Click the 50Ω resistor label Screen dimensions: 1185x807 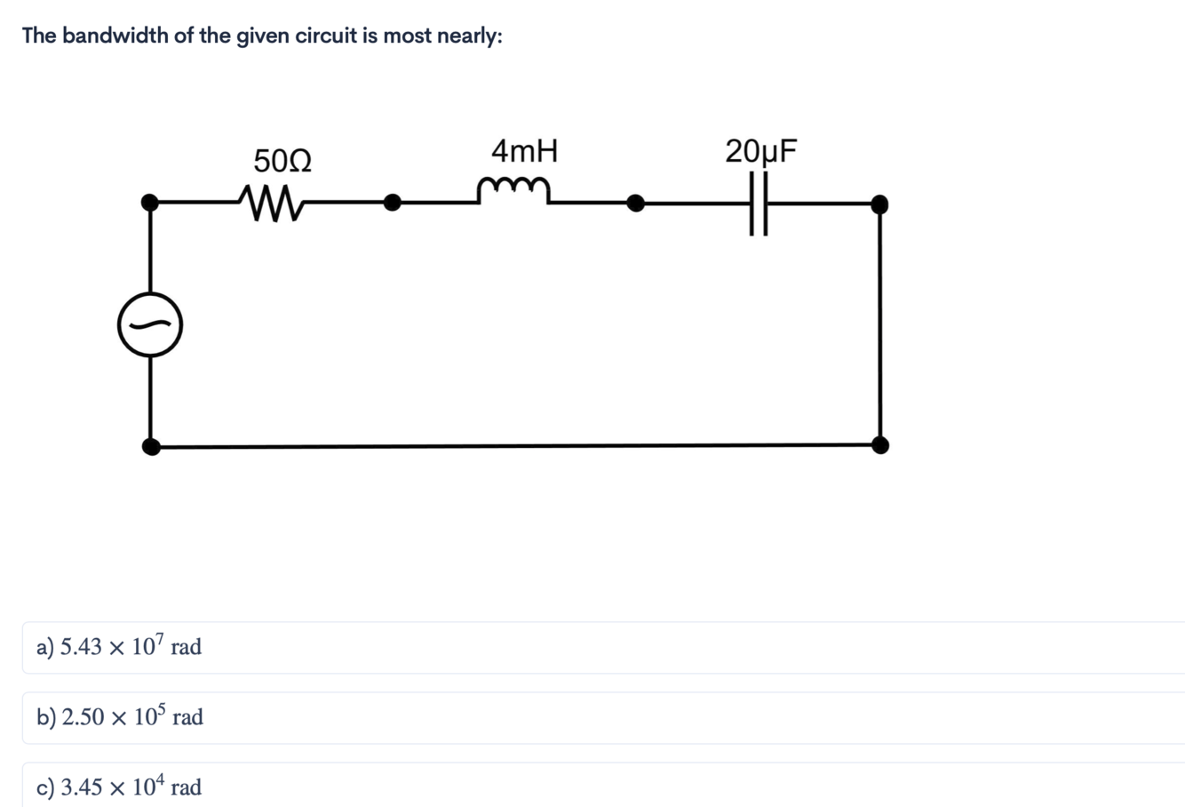point(282,162)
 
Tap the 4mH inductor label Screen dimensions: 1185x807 point(524,151)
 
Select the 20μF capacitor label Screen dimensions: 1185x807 point(761,151)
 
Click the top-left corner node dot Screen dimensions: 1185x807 point(152,203)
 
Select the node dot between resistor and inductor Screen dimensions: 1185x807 point(391,203)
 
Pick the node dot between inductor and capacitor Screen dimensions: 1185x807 point(635,204)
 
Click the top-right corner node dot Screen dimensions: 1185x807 point(879,204)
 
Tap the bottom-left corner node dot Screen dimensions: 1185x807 point(152,445)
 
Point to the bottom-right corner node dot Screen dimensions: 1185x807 point(879,444)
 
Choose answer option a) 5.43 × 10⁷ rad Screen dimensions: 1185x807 point(119,647)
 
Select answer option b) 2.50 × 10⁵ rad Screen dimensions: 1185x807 point(120,717)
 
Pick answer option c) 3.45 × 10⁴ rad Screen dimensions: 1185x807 point(119,787)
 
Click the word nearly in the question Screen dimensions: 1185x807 point(469,36)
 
